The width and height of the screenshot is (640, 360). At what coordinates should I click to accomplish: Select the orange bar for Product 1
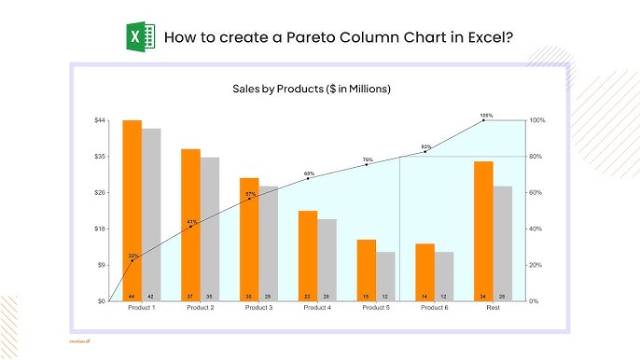tap(132, 210)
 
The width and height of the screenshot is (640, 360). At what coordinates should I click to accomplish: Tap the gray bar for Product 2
tap(210, 228)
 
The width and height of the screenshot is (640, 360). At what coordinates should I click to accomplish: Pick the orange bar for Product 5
tap(367, 270)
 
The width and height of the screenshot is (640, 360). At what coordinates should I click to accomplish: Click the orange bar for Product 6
tap(425, 271)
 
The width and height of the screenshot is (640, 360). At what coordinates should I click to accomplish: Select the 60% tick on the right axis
tap(536, 192)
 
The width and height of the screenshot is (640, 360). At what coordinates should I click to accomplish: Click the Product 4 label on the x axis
tap(318, 309)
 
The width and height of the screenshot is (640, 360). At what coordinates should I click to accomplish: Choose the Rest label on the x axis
tap(494, 309)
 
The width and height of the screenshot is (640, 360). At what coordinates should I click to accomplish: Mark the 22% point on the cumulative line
tap(132, 261)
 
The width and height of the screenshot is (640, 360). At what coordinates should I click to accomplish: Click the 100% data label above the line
tap(486, 116)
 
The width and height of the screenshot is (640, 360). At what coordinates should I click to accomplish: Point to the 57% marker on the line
tap(249, 199)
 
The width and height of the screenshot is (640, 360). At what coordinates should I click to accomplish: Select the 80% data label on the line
tap(426, 146)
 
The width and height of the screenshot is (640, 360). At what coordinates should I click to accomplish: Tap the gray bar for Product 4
tap(327, 259)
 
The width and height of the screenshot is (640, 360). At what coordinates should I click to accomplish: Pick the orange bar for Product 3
tap(249, 239)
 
